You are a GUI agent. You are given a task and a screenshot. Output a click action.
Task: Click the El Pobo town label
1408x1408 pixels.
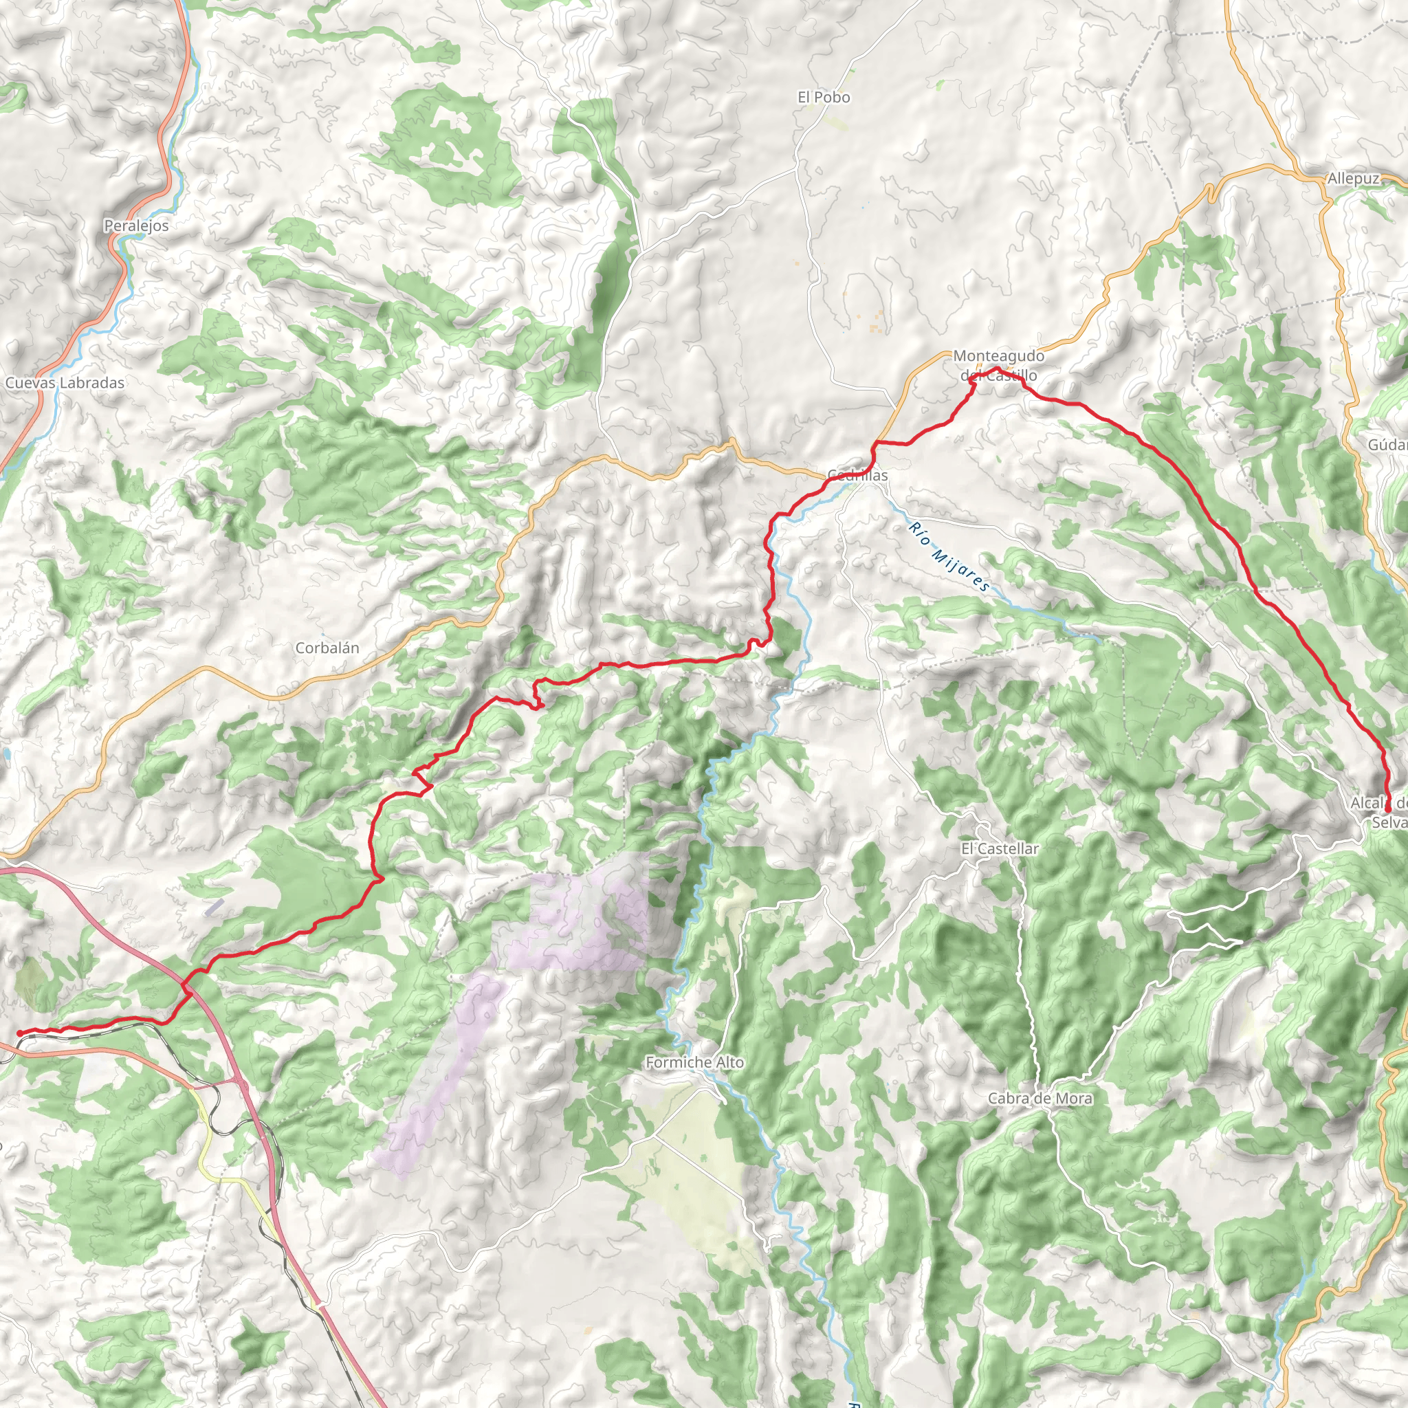pos(824,97)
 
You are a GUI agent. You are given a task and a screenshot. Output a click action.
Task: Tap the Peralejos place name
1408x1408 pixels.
pos(136,226)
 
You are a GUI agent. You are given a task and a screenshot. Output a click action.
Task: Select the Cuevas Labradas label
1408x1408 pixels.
pos(65,383)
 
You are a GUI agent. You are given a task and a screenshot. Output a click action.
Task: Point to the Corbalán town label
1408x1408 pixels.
pos(327,648)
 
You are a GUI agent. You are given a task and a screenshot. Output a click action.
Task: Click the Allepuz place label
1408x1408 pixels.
pos(1353,179)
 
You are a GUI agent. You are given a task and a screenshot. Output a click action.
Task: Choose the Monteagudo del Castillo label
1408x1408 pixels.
pos(998,365)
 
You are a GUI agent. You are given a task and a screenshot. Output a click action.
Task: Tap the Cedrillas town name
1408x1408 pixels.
pos(858,476)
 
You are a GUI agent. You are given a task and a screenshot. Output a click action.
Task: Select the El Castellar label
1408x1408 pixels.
pos(999,848)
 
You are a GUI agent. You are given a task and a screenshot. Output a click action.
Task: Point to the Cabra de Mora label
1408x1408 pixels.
pos(1040,1098)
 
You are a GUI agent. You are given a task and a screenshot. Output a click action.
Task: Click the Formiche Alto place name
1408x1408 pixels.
pos(694,1063)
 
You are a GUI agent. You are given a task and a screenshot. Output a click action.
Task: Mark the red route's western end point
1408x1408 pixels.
pos(20,1033)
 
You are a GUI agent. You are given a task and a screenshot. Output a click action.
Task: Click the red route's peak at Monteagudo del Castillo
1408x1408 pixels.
pos(996,371)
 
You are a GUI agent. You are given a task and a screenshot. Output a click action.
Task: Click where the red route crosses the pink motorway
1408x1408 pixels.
pos(185,986)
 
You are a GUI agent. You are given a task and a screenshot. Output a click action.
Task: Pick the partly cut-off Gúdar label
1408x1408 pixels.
pos(1387,445)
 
